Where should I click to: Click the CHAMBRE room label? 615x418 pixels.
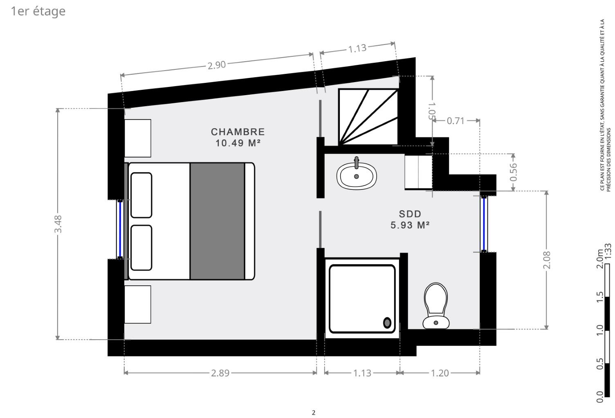click(238, 132)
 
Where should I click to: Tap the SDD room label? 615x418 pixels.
click(410, 214)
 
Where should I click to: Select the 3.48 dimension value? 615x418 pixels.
click(58, 224)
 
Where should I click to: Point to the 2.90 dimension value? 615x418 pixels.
click(217, 65)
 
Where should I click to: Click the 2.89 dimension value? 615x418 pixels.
click(220, 373)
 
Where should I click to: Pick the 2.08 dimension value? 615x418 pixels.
click(547, 260)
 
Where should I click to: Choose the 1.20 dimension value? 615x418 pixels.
click(440, 373)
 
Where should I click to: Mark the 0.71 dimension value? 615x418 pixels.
click(456, 120)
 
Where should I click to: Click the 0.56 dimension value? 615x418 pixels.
click(513, 172)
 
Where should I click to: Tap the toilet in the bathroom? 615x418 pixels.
click(436, 306)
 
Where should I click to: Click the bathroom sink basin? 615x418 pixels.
click(357, 176)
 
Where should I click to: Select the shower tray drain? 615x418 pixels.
click(387, 322)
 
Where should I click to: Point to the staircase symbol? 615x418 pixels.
click(368, 117)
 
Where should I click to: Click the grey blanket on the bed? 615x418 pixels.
click(217, 221)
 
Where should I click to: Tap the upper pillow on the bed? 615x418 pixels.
click(141, 195)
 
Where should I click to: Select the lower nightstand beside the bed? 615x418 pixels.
click(137, 304)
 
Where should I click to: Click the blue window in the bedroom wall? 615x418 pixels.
click(120, 229)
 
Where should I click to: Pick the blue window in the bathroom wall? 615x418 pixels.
click(484, 224)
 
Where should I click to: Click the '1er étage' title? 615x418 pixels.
click(38, 11)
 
